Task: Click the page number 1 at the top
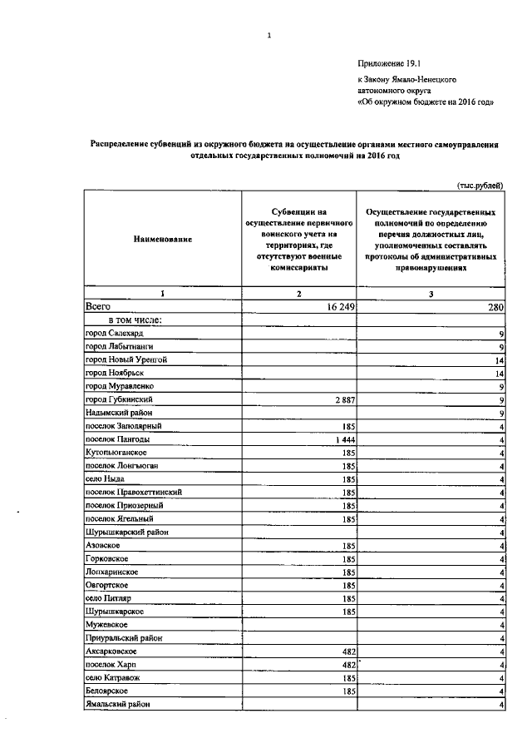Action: [269, 35]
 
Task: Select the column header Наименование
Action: [162, 239]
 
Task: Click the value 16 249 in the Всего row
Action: [337, 307]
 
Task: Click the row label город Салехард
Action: [119, 333]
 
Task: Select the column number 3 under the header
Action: [431, 294]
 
